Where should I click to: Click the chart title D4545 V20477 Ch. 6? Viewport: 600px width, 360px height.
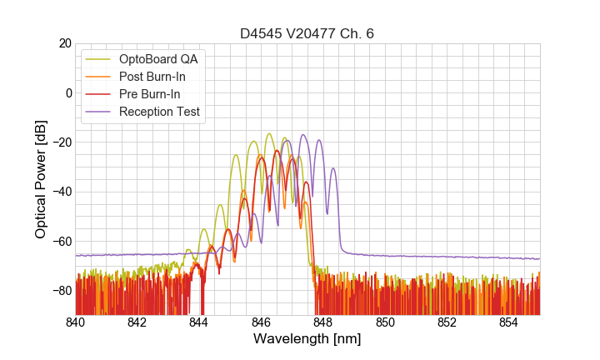pyautogui.click(x=307, y=34)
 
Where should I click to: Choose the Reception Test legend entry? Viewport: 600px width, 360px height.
pyautogui.click(x=159, y=112)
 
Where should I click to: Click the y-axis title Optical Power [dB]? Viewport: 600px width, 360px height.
pyautogui.click(x=41, y=179)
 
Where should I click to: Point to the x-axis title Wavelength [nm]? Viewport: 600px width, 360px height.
pyautogui.click(x=307, y=339)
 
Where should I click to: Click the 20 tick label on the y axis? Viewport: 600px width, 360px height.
pyautogui.click(x=63, y=43)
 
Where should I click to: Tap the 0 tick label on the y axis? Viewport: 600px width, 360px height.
pyautogui.click(x=67, y=92)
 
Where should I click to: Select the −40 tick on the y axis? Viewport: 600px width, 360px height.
pyautogui.click(x=60, y=192)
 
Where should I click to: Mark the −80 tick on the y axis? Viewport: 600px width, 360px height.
pyautogui.click(x=60, y=291)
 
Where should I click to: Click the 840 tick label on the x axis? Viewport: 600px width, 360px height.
pyautogui.click(x=76, y=322)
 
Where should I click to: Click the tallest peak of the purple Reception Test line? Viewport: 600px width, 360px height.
pyautogui.click(x=302, y=135)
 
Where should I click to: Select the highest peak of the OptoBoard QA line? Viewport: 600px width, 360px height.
pyautogui.click(x=269, y=133)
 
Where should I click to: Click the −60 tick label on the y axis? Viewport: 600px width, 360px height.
pyautogui.click(x=60, y=242)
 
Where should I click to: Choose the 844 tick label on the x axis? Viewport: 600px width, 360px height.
pyautogui.click(x=199, y=322)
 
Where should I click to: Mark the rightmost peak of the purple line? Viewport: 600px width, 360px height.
pyautogui.click(x=333, y=168)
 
